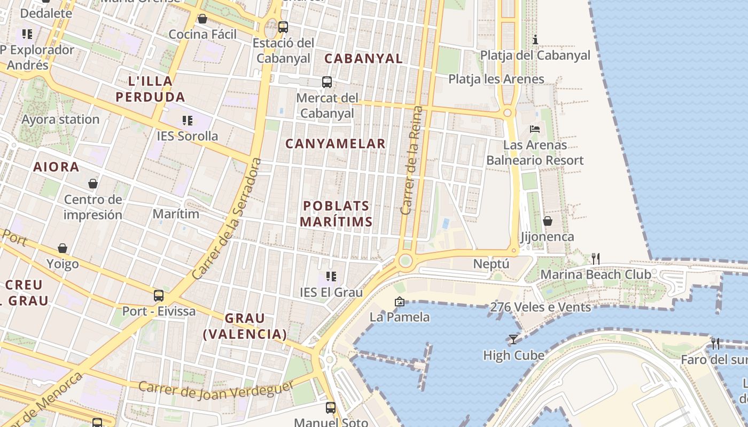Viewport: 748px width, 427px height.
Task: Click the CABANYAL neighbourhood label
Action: coord(363,59)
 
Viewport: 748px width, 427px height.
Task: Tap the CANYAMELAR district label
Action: coord(336,144)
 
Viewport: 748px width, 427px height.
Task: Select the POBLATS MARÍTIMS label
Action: coord(336,213)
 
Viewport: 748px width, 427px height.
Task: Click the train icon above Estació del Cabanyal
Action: coord(283,27)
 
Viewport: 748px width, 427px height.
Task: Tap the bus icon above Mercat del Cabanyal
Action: coord(327,82)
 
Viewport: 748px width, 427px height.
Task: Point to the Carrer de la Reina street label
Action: coord(411,160)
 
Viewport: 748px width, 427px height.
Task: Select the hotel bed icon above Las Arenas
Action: coord(535,129)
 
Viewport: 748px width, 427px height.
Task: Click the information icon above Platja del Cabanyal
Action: coord(535,39)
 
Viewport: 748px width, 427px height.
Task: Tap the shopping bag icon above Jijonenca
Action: coord(548,221)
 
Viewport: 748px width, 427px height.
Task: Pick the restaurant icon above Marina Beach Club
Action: coord(596,259)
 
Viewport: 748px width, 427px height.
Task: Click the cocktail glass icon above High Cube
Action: coord(513,339)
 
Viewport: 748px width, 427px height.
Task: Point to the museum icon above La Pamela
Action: coord(400,302)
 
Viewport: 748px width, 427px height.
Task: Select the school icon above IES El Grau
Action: coord(331,276)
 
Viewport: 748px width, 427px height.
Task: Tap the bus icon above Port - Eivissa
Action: coord(159,295)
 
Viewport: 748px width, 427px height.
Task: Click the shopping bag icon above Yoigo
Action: coord(63,249)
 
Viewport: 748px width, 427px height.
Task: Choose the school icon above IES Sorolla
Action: coord(187,121)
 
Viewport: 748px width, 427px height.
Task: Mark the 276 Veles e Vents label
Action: coord(540,307)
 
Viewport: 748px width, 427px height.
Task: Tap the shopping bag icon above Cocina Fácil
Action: coord(202,19)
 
